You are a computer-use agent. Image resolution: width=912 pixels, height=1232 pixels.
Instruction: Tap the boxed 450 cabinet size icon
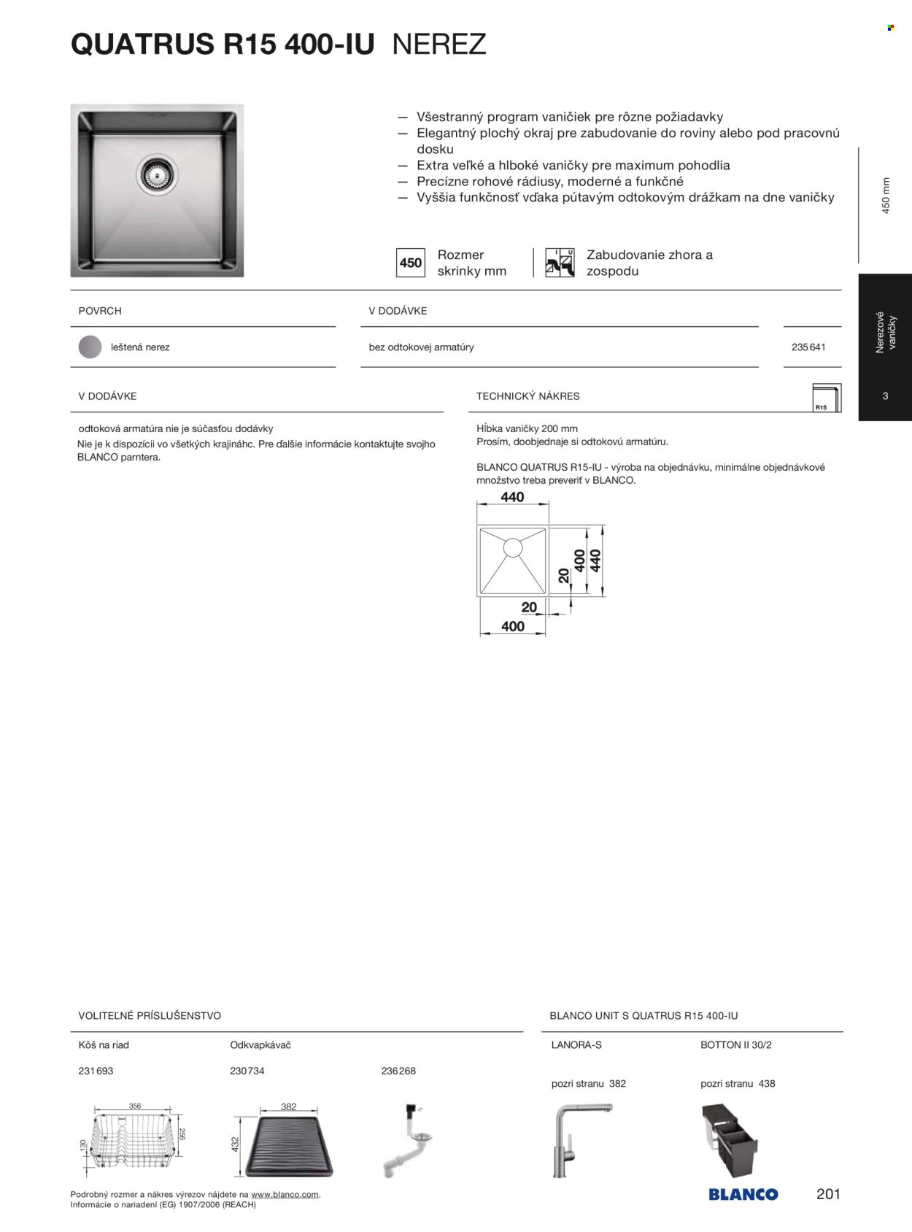click(410, 263)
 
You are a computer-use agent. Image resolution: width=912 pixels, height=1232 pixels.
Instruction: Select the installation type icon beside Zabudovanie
click(560, 263)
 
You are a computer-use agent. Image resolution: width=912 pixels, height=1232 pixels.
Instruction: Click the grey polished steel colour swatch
click(90, 347)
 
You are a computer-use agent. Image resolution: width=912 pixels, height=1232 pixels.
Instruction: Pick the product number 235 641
click(808, 347)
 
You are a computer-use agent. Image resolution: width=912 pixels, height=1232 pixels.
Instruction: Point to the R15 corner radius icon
click(826, 399)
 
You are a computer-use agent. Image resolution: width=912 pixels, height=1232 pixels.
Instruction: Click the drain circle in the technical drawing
click(512, 547)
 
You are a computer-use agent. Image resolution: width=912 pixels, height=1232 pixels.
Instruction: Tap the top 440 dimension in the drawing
click(512, 497)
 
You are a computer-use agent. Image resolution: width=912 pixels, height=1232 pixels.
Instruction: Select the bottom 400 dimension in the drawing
click(513, 626)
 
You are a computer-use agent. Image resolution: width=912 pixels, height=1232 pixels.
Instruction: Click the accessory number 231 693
click(96, 1071)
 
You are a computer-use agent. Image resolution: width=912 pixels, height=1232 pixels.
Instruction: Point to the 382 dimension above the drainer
click(289, 1106)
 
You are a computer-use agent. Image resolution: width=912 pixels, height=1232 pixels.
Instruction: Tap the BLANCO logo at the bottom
click(743, 1195)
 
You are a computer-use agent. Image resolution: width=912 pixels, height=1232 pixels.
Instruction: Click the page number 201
click(828, 1194)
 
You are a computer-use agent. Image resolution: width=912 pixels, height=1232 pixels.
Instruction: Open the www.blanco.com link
click(285, 1195)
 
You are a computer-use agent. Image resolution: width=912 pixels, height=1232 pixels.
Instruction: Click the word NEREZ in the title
click(439, 45)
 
